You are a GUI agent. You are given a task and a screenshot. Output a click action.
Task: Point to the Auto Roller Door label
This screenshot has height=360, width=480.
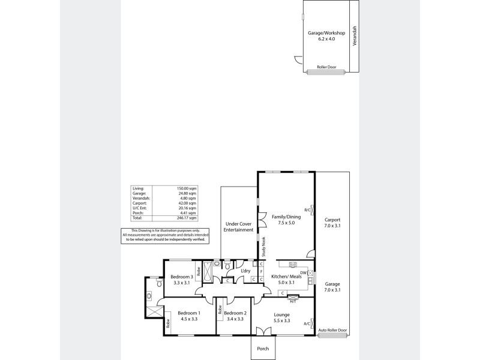coord(333,330)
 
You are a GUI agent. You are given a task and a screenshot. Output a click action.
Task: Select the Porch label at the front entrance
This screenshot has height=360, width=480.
coord(263,349)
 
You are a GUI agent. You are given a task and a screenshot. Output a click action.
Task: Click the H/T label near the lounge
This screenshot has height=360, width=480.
coord(293,301)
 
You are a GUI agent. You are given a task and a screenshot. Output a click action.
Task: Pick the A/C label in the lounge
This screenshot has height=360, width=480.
coord(307,323)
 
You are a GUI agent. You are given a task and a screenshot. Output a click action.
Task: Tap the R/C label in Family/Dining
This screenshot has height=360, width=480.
coord(307,209)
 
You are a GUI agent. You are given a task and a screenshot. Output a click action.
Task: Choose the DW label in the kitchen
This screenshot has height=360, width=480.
coord(304,273)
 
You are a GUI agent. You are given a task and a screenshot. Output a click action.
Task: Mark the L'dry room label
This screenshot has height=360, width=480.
coord(245,271)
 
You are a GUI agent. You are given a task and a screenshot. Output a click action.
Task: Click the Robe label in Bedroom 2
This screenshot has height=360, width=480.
coord(220,310)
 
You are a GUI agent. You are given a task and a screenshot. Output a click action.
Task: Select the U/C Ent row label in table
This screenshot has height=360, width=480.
coord(138,208)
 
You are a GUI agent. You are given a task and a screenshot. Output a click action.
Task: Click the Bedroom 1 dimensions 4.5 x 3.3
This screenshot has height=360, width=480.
coord(189,319)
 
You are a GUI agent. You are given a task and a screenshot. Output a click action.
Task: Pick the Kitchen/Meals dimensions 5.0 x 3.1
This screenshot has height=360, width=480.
coord(283,282)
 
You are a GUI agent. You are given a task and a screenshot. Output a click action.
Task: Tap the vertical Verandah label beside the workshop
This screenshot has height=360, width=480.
coord(355,36)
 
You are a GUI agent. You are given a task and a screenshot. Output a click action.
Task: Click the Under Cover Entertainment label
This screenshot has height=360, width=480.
coord(239,226)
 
